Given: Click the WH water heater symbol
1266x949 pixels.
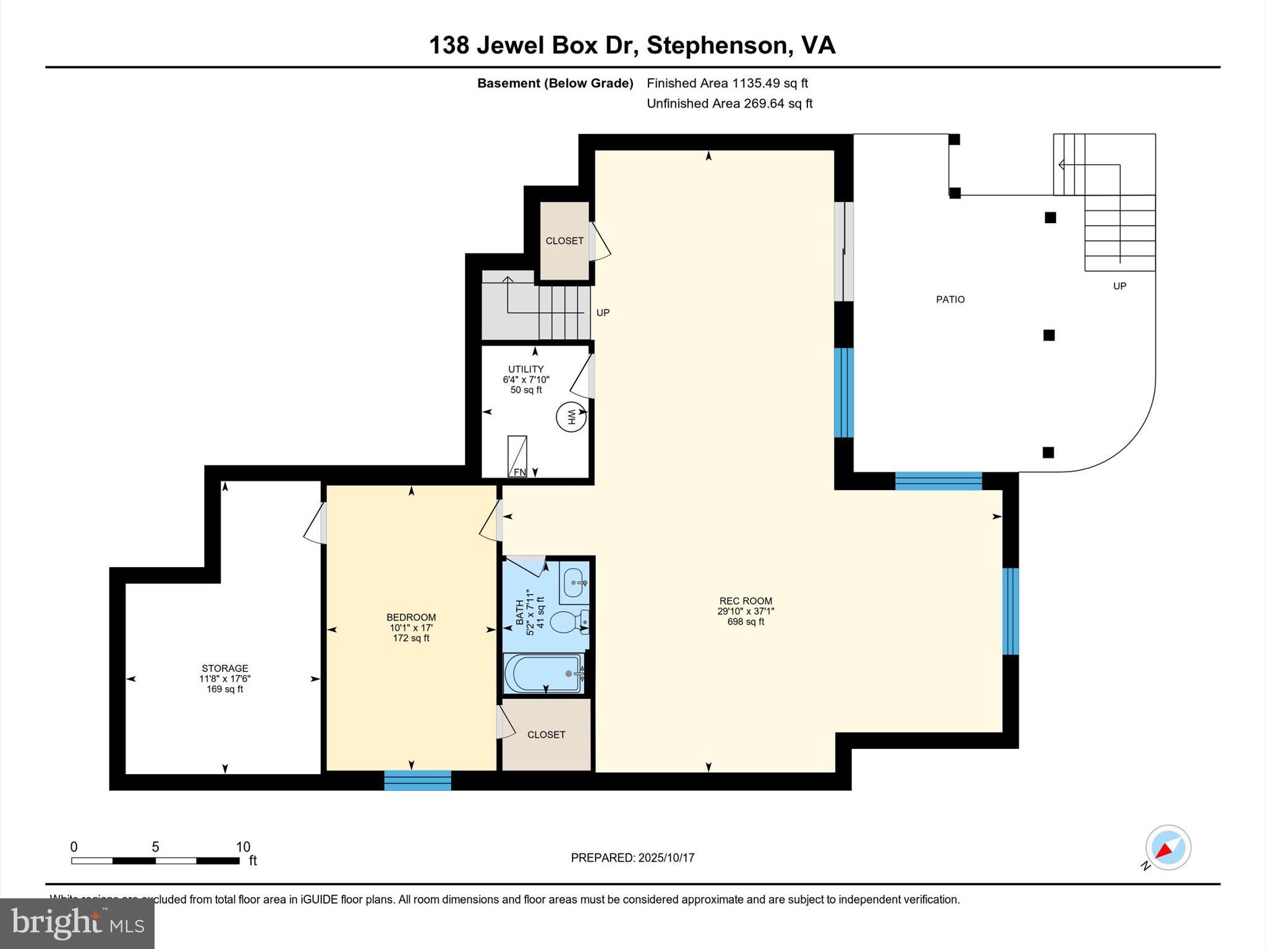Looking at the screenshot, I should pos(571,418).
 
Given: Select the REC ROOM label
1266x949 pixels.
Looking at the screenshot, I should pos(746,601).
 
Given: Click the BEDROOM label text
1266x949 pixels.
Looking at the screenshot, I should pos(411,617).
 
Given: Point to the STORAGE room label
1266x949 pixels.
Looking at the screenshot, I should pos(224,668).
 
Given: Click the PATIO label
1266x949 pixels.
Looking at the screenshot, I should pos(950,300).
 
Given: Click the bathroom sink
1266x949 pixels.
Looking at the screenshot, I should pos(574,583).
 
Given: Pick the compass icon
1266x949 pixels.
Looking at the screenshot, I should pos(1168,848).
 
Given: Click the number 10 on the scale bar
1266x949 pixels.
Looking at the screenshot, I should pos(243,847).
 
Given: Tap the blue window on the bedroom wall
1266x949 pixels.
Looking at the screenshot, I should pos(417,780).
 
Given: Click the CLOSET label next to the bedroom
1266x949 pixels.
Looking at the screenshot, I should pos(546,735).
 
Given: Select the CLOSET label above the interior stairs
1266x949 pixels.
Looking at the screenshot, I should pos(564,241).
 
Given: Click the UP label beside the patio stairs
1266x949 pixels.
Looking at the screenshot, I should pos(1119,286).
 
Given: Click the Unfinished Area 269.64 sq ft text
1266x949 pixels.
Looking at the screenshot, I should pos(729,104).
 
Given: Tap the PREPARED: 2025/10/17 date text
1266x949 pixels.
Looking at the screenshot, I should pos(632,858).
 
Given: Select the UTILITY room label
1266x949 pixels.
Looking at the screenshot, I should pos(525,369).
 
